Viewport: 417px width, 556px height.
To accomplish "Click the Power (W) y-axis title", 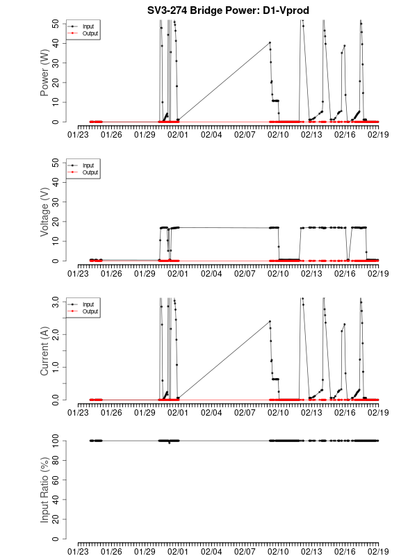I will [45, 72].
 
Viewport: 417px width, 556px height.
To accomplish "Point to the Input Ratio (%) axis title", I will [45, 489].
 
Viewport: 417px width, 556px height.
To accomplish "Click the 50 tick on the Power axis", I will [56, 23].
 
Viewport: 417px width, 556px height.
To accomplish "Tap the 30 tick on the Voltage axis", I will [56, 202].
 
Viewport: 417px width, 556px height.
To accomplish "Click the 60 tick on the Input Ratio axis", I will [56, 480].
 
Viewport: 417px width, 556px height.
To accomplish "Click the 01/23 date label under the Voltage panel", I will [79, 274].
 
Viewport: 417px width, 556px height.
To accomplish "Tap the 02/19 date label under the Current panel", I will [378, 413].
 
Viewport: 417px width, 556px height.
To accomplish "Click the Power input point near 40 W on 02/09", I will [270, 42].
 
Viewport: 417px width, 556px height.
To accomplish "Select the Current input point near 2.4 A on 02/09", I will [270, 322].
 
